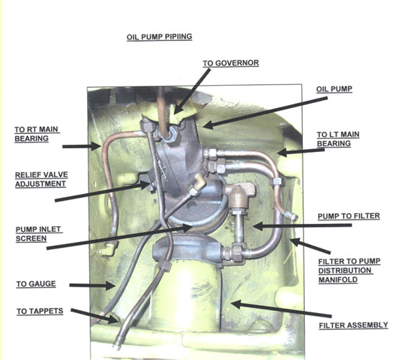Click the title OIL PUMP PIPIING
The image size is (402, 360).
click(159, 37)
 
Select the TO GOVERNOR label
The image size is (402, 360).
click(231, 63)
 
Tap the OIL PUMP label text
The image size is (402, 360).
click(334, 89)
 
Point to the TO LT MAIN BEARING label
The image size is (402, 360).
click(338, 139)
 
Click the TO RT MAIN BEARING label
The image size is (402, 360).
click(37, 134)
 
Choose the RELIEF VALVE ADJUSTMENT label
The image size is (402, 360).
click(42, 179)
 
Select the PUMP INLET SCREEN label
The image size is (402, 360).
click(39, 234)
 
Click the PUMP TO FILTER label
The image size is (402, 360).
click(349, 216)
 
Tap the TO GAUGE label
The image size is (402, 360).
click(36, 284)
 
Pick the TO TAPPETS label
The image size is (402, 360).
click(40, 311)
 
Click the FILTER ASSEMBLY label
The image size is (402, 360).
click(354, 325)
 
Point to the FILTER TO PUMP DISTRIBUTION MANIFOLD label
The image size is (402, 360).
click(350, 271)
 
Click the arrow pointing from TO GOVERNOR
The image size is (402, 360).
click(191, 91)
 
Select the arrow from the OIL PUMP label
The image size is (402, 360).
click(265, 113)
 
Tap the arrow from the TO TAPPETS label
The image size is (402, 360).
click(94, 316)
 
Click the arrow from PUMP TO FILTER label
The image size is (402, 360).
click(302, 226)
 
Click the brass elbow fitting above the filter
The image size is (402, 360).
click(239, 194)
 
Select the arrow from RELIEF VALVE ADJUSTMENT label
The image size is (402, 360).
click(103, 192)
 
